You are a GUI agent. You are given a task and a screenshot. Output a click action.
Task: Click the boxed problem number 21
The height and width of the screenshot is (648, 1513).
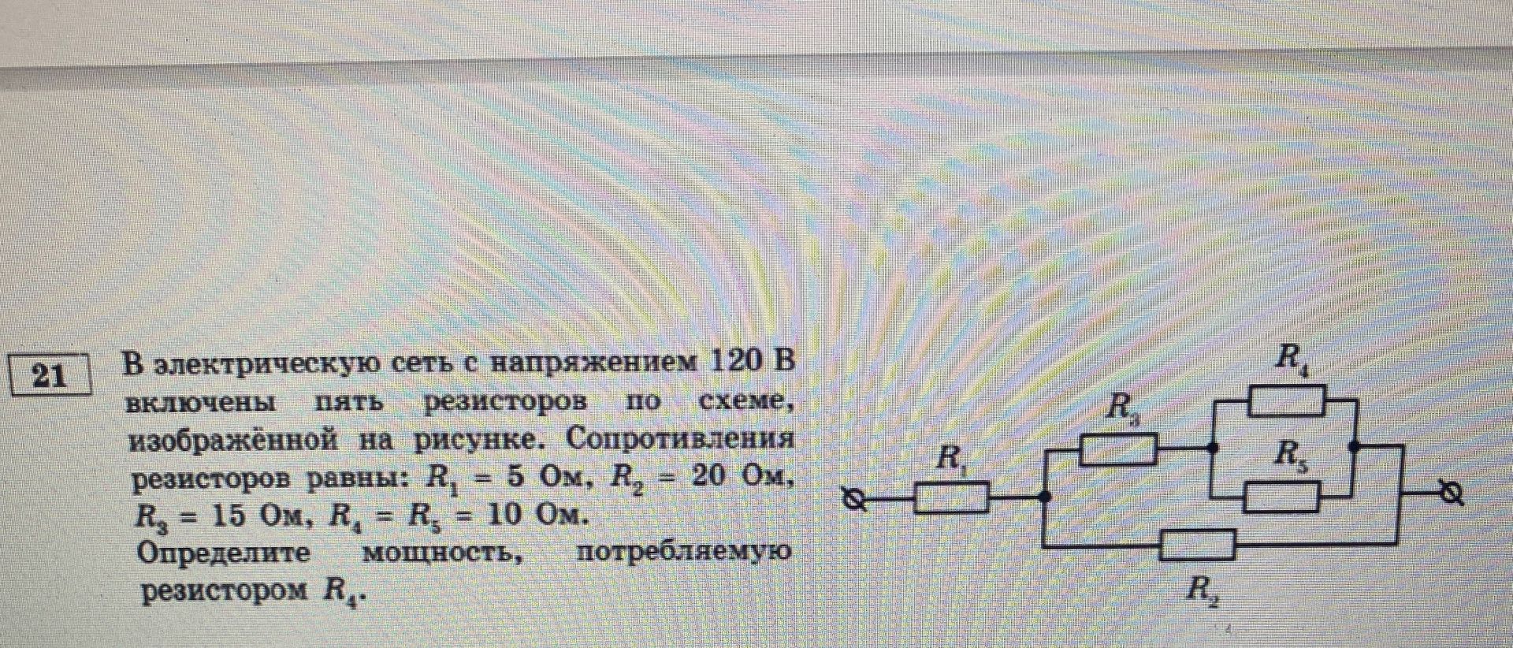(50, 375)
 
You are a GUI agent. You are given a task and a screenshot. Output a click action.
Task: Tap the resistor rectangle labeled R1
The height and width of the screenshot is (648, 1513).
(952, 498)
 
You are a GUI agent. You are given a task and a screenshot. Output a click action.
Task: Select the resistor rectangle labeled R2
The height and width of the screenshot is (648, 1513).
(1199, 544)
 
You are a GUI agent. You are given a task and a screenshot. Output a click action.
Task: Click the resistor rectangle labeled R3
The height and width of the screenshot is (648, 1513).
(1117, 450)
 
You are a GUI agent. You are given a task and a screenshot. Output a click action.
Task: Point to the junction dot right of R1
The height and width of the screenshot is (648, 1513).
(1045, 497)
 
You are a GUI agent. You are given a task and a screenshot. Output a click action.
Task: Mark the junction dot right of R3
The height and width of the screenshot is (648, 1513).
(1214, 448)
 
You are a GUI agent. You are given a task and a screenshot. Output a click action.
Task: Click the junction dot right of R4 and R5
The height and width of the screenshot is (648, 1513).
(1354, 446)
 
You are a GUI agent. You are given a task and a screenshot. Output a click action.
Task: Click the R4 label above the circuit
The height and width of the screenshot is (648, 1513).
(1291, 361)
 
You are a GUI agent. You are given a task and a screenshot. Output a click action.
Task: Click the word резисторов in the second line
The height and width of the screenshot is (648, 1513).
(505, 402)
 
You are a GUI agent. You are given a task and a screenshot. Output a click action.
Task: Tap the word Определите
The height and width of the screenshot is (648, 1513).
(224, 553)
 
